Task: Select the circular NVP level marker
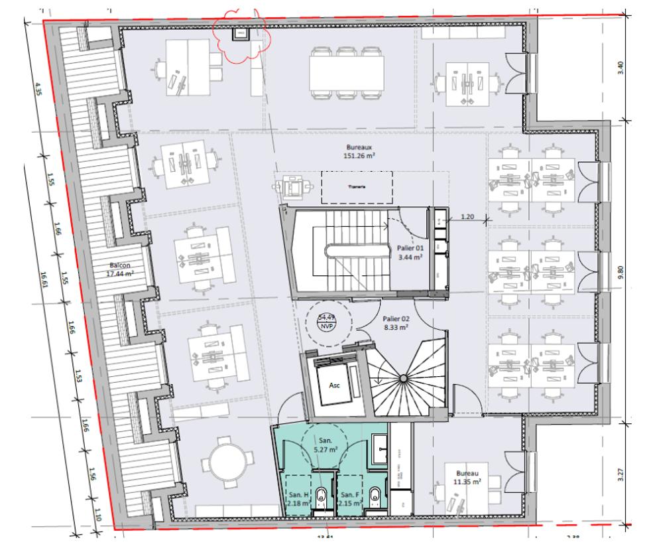[325, 322]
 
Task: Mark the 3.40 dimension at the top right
[620, 69]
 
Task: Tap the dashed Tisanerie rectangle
[357, 187]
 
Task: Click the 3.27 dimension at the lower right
[620, 475]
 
